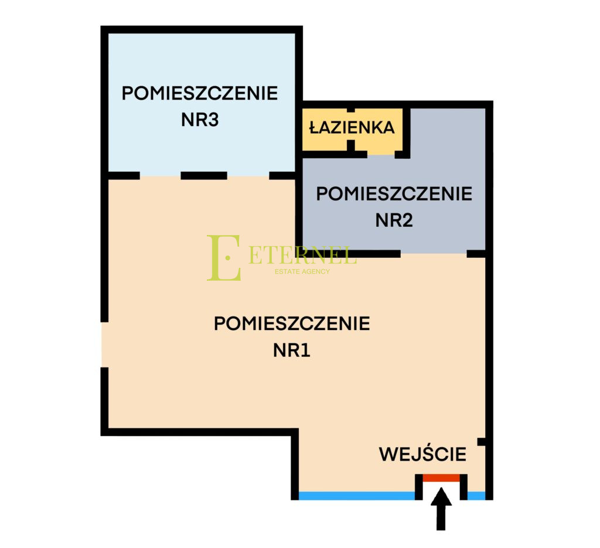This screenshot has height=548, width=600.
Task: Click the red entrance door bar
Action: point(441,478)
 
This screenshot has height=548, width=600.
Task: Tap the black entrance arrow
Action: point(441,509)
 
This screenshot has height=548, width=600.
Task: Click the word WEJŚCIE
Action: point(422,454)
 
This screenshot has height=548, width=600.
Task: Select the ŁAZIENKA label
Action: point(352,127)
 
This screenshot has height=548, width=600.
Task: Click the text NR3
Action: point(200,120)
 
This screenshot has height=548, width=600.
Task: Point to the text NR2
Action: point(394,220)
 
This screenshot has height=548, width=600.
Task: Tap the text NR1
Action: point(292,350)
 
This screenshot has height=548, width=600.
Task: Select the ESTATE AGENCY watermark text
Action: point(302,271)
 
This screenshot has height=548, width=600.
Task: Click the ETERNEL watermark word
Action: point(302,255)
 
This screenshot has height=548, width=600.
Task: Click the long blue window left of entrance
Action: point(357,496)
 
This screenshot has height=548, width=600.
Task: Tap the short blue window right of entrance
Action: point(476,496)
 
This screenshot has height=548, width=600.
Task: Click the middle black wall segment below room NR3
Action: point(204,176)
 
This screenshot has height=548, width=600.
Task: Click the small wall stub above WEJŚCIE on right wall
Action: point(482,441)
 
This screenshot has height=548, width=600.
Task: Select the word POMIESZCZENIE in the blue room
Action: point(200,93)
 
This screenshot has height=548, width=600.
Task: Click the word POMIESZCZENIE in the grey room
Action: point(394,193)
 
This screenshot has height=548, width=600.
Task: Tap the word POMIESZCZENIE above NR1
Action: point(292,324)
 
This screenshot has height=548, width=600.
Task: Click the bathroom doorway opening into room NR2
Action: point(381,155)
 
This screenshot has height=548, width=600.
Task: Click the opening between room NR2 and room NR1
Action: point(434,254)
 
